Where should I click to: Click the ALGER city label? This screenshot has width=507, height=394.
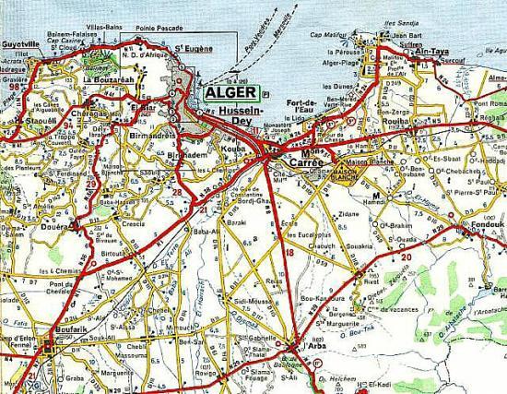pyautogui.click(x=228, y=93)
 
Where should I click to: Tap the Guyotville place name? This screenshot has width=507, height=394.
pyautogui.click(x=20, y=43)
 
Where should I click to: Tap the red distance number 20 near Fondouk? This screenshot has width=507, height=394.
pyautogui.click(x=406, y=257)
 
